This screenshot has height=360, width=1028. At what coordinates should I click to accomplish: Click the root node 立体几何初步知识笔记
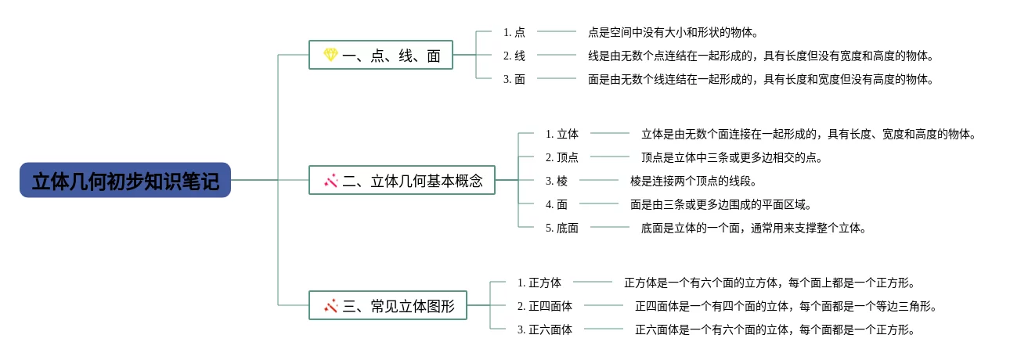(125, 181)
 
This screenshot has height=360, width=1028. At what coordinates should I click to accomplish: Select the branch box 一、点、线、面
(381, 55)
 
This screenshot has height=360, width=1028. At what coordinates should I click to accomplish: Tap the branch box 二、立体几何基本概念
(402, 180)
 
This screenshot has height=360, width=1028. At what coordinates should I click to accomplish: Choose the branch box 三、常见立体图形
(388, 305)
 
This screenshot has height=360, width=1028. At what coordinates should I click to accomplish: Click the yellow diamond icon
(330, 55)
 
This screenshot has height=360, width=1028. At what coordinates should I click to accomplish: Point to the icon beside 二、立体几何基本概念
(330, 181)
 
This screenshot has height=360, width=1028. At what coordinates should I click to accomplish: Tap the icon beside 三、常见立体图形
(330, 306)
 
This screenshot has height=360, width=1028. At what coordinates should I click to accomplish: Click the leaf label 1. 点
(514, 32)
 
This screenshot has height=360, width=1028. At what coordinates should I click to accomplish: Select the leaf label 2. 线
(514, 56)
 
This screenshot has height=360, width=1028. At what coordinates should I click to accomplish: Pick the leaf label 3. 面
(514, 79)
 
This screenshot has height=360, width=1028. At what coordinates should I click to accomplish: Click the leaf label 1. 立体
(562, 134)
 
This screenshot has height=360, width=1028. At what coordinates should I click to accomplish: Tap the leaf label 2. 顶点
(562, 157)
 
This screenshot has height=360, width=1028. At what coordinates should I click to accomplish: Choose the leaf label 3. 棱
(557, 181)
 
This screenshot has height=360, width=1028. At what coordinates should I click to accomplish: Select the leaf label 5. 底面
(562, 228)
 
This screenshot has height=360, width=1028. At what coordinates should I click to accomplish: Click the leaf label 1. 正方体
(539, 283)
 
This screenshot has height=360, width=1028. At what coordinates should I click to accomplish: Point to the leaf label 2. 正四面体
(545, 306)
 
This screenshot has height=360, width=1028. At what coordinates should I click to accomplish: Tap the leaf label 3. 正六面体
(545, 329)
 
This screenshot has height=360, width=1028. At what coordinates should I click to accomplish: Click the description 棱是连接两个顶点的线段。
(694, 181)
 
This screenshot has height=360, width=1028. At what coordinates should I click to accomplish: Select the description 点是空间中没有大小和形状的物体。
(673, 32)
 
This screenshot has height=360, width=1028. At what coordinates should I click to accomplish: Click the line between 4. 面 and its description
(599, 203)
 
